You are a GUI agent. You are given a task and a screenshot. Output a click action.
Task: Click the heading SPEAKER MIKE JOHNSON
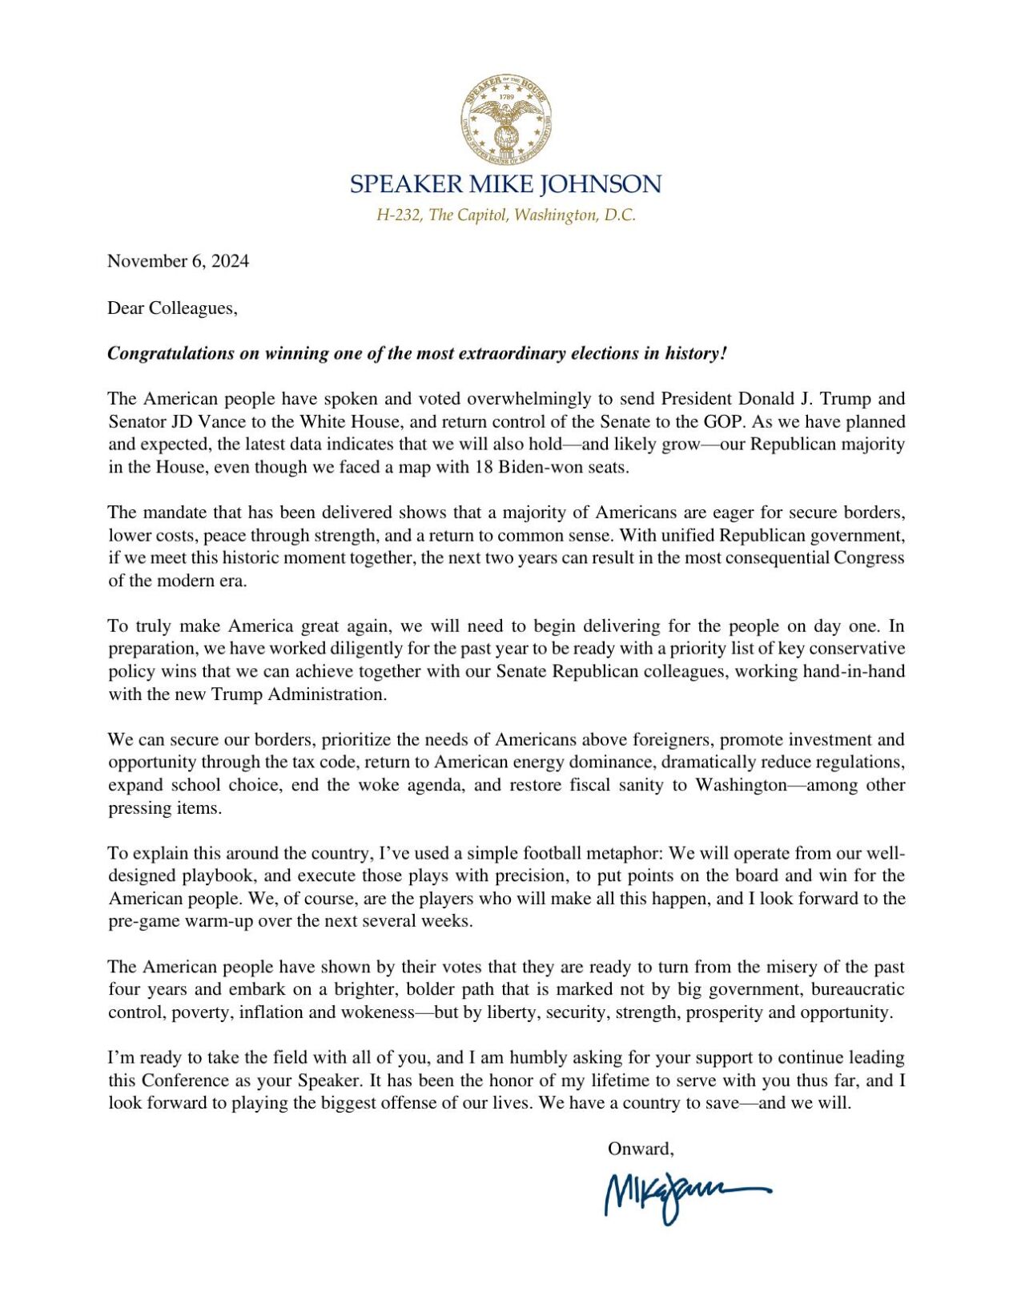(x=505, y=184)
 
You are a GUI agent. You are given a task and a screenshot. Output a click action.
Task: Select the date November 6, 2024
(x=178, y=261)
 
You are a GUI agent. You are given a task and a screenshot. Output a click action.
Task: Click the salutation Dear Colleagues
(x=172, y=308)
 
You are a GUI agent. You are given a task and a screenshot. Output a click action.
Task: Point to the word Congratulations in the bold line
(x=171, y=353)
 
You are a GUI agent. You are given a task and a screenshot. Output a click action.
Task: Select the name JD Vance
(x=195, y=421)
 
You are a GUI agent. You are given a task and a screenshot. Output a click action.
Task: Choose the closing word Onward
(x=639, y=1149)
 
